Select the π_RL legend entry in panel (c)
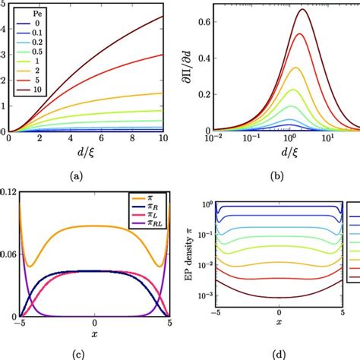tap(147, 227)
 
